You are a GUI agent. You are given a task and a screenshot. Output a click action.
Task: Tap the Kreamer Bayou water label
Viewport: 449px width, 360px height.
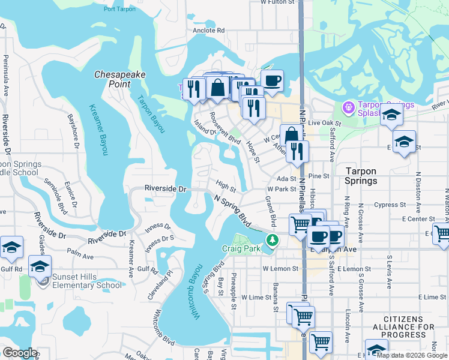98,130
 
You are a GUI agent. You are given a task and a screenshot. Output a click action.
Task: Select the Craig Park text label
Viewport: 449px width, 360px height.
241,248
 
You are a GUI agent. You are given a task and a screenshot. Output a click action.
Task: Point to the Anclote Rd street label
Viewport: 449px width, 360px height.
208,30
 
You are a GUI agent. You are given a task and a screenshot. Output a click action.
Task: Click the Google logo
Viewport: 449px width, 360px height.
20,353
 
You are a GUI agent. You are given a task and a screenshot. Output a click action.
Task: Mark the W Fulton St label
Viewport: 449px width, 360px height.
279,2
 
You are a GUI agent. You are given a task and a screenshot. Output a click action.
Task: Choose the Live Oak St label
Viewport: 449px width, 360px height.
324,122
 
